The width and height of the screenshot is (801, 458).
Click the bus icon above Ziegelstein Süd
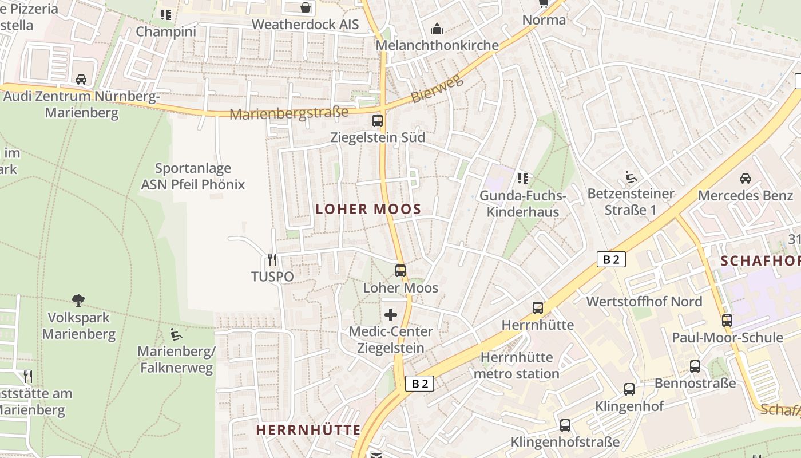(378, 120)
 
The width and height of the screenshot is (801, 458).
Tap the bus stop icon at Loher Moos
(400, 270)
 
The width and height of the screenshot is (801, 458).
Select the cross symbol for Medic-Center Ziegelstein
(391, 314)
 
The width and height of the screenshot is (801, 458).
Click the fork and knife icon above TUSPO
(272, 259)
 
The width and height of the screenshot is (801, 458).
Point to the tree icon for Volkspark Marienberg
(78, 300)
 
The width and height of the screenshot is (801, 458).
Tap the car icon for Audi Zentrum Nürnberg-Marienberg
(81, 79)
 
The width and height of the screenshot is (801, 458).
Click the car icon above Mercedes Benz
(746, 178)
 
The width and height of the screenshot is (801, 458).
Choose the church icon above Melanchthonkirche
(437, 28)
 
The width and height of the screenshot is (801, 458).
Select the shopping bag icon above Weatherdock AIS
(306, 7)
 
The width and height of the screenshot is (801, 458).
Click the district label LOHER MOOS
(368, 209)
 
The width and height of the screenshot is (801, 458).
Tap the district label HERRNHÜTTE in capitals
(308, 430)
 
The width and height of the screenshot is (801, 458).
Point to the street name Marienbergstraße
(289, 113)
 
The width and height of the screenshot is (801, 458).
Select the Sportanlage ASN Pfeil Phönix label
(193, 176)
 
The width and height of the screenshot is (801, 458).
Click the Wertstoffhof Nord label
(644, 301)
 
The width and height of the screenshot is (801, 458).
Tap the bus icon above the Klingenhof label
(629, 389)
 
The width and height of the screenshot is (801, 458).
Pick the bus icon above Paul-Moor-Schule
(727, 320)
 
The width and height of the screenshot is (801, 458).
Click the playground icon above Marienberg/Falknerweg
(176, 334)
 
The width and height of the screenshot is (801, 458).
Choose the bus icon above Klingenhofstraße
(565, 425)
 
